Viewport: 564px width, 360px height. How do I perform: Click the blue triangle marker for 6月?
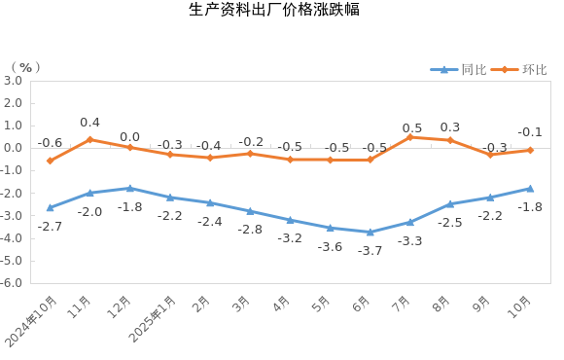tap(370, 232)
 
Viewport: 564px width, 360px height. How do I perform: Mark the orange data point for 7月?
tap(409, 137)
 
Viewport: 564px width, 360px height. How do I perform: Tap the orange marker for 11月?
tap(89, 139)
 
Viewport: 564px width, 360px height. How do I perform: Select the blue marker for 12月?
tap(129, 188)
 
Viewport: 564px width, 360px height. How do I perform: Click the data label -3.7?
tap(370, 250)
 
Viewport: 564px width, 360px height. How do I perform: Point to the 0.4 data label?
tap(89, 123)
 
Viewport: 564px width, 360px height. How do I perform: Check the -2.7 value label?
tap(50, 227)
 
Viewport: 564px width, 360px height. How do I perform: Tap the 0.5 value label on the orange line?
tap(412, 128)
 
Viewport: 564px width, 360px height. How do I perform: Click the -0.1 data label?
tap(530, 132)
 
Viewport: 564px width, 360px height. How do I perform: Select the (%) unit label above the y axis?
tap(25, 68)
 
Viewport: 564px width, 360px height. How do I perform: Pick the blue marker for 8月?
tap(449, 204)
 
